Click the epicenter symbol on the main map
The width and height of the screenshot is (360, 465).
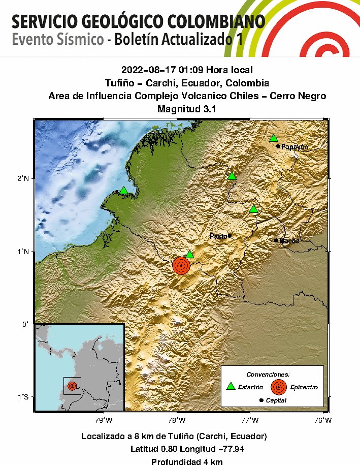[x=181, y=265]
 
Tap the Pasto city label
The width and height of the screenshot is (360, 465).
[x=218, y=236]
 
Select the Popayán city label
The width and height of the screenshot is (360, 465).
[x=295, y=146]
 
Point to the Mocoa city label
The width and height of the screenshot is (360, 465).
[x=289, y=240]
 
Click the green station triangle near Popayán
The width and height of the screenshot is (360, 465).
[x=274, y=138]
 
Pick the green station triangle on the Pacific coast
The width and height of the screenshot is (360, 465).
[x=123, y=191]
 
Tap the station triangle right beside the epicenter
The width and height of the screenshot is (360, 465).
[x=189, y=254]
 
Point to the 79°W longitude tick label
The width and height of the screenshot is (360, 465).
[x=104, y=420]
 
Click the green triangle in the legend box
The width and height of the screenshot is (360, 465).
[x=231, y=387]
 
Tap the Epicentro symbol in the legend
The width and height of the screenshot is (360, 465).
[x=278, y=387]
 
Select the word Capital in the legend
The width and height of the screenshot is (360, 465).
[x=276, y=400]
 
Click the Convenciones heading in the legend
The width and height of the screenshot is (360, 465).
[x=272, y=374]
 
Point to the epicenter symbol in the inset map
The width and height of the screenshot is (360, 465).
[x=72, y=386]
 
